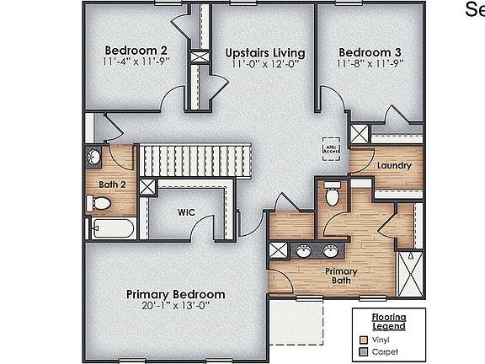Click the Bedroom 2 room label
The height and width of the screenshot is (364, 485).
click(135, 49)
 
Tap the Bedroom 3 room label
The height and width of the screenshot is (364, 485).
click(370, 49)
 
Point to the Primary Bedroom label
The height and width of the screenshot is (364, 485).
click(176, 294)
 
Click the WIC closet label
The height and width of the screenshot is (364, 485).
click(186, 213)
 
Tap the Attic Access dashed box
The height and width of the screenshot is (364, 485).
click(331, 146)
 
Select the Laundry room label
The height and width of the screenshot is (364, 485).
click(394, 165)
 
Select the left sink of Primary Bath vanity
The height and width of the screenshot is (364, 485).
click(301, 250)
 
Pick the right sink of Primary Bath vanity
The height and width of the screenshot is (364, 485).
click(331, 250)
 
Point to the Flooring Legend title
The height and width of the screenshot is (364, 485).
click(389, 321)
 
